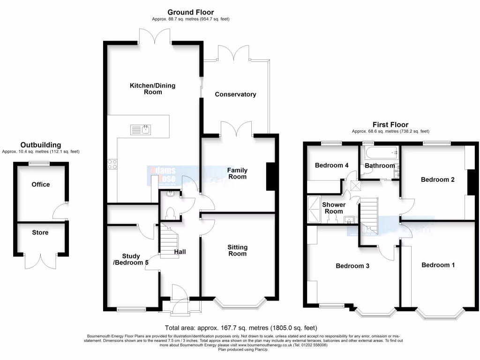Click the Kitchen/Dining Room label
tap(146, 89)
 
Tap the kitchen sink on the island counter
tap(141, 129)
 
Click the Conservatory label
tap(235, 94)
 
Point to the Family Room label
tap(237, 173)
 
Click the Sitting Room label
tap(237, 250)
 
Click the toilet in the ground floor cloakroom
tap(171, 213)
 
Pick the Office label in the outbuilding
tap(40, 184)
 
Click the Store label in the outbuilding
tap(40, 232)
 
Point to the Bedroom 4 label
tap(331, 165)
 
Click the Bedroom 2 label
tap(437, 179)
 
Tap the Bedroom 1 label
tap(438, 265)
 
